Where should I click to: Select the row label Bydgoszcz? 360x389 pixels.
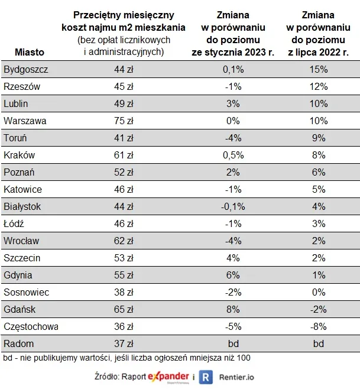click(x=25, y=70)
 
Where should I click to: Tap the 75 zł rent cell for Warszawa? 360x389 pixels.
click(x=123, y=121)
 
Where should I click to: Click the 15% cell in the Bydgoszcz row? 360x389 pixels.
click(x=319, y=70)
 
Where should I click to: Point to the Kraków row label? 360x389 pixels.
click(x=20, y=155)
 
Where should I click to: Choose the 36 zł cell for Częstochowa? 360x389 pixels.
click(x=123, y=326)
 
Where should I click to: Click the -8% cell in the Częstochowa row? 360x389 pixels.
click(x=319, y=326)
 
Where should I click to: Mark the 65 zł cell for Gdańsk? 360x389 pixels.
click(x=123, y=309)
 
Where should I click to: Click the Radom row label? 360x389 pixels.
click(x=18, y=343)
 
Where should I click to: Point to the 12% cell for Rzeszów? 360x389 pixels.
click(x=319, y=87)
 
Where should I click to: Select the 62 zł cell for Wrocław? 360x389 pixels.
click(x=123, y=241)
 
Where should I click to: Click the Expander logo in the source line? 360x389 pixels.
click(x=169, y=377)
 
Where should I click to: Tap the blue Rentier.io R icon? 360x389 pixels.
click(x=206, y=377)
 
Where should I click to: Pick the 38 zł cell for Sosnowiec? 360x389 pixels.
click(x=123, y=292)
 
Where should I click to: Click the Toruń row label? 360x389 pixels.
click(x=15, y=138)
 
